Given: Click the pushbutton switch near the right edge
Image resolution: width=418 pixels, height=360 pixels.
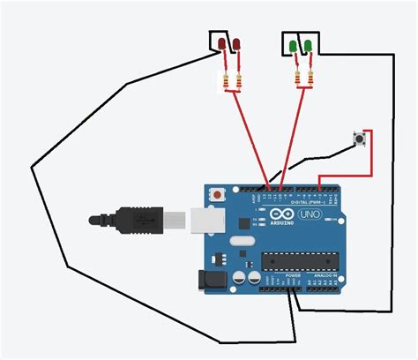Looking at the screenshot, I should (x=359, y=139).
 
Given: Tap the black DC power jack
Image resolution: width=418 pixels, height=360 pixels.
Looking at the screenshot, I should (x=213, y=279).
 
